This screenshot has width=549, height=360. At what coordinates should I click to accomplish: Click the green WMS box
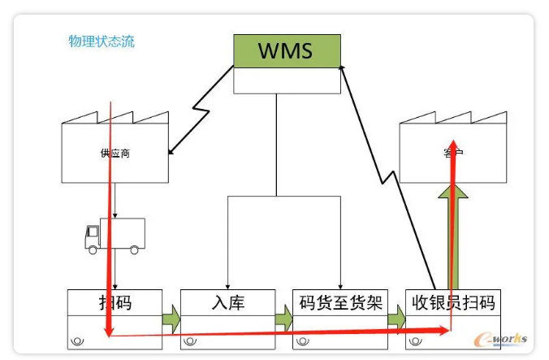coord(287,50)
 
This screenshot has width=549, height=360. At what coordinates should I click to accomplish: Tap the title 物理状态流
coord(102,41)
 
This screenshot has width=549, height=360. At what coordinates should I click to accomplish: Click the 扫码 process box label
coord(115,302)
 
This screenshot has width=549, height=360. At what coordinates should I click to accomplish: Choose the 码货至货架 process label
coord(339,302)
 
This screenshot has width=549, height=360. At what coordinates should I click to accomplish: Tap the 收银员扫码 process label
coord(452,302)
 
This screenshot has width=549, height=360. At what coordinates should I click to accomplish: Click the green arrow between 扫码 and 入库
coord(171,317)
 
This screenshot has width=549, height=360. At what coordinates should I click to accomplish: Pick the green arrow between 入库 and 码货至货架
coord(283,317)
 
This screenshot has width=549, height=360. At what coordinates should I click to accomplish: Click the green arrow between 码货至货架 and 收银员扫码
coord(396,317)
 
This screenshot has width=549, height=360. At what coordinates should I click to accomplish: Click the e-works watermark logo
coord(504,338)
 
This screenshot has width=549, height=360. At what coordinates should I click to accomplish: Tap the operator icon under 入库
coord(192,340)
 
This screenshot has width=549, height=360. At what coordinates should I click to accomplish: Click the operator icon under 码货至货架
coord(304,340)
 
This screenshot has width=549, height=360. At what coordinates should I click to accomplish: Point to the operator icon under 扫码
coord(80,340)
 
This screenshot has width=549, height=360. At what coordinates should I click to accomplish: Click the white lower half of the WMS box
coord(287,80)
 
